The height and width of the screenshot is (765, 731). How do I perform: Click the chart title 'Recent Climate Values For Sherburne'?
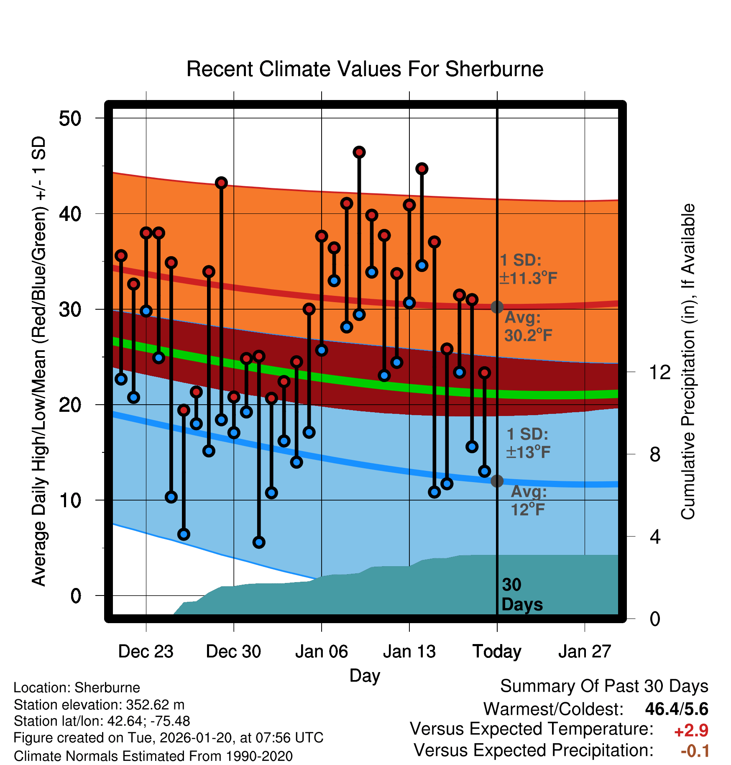pyautogui.click(x=365, y=69)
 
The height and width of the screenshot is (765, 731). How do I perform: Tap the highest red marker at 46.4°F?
pyautogui.click(x=359, y=152)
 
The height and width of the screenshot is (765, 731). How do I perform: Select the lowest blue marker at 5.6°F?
pyautogui.click(x=259, y=542)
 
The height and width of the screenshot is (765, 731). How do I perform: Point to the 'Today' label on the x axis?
pyautogui.click(x=497, y=652)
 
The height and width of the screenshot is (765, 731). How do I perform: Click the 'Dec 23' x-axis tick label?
pyautogui.click(x=146, y=652)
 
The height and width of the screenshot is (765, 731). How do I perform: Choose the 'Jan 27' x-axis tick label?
pyautogui.click(x=585, y=652)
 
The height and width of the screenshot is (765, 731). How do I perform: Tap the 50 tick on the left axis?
pyautogui.click(x=70, y=118)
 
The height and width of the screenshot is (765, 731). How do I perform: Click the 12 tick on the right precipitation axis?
pyautogui.click(x=659, y=372)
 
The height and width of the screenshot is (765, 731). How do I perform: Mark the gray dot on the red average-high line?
pyautogui.click(x=497, y=307)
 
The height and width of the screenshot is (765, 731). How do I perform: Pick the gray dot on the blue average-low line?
pyautogui.click(x=497, y=481)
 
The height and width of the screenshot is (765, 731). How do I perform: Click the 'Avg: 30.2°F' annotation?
pyautogui.click(x=528, y=326)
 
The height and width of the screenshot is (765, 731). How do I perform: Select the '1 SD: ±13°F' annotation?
pyautogui.click(x=528, y=443)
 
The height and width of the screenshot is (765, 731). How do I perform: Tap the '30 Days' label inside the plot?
pyautogui.click(x=521, y=595)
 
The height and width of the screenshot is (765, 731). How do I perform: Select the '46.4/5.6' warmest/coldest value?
pyautogui.click(x=676, y=709)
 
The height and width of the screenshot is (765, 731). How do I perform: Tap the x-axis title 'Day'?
pyautogui.click(x=365, y=675)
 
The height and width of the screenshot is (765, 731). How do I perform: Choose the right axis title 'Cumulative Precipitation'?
pyautogui.click(x=688, y=362)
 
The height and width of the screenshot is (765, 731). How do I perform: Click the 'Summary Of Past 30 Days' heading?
pyautogui.click(x=604, y=686)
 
